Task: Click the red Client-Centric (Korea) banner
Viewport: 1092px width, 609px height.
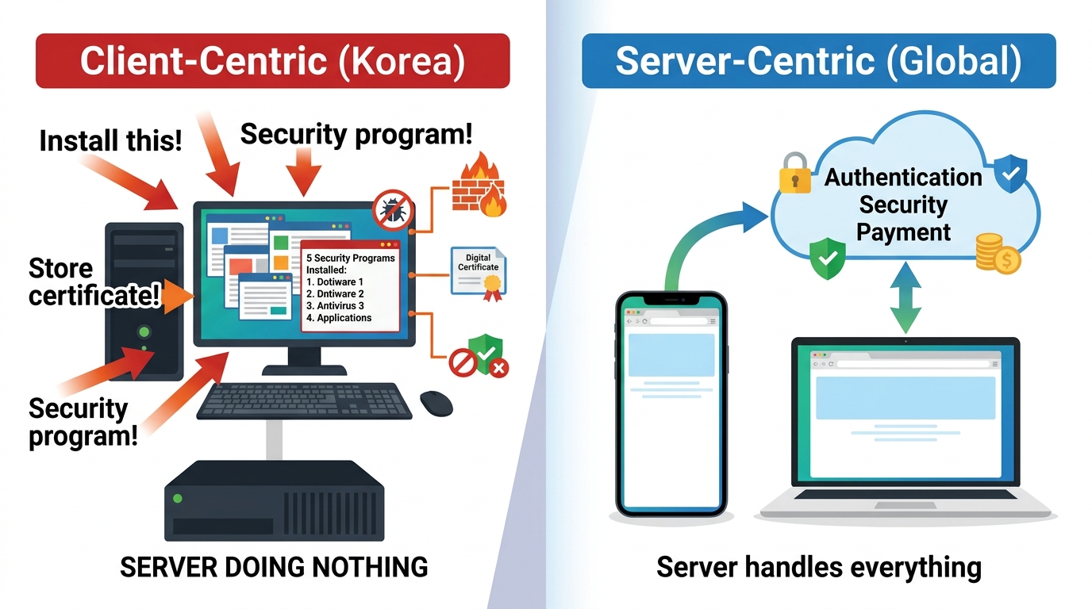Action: click(272, 61)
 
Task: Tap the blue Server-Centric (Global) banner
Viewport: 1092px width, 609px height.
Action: click(818, 61)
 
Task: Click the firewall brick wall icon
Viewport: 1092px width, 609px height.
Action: click(479, 188)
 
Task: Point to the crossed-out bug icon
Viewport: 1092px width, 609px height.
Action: click(393, 211)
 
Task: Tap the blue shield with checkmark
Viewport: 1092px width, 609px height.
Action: click(1011, 174)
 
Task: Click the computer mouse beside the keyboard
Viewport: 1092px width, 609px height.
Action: click(436, 403)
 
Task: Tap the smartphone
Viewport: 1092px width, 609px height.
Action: click(671, 404)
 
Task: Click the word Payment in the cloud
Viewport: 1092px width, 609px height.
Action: click(903, 232)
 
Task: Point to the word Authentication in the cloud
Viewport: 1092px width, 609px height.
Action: click(903, 177)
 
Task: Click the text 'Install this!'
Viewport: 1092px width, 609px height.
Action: click(110, 141)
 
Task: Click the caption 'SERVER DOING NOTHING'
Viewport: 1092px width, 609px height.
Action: click(274, 567)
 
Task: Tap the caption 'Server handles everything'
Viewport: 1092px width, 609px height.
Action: click(819, 568)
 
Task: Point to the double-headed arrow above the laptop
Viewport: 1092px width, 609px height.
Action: click(905, 298)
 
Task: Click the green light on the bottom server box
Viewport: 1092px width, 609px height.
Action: click(178, 499)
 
